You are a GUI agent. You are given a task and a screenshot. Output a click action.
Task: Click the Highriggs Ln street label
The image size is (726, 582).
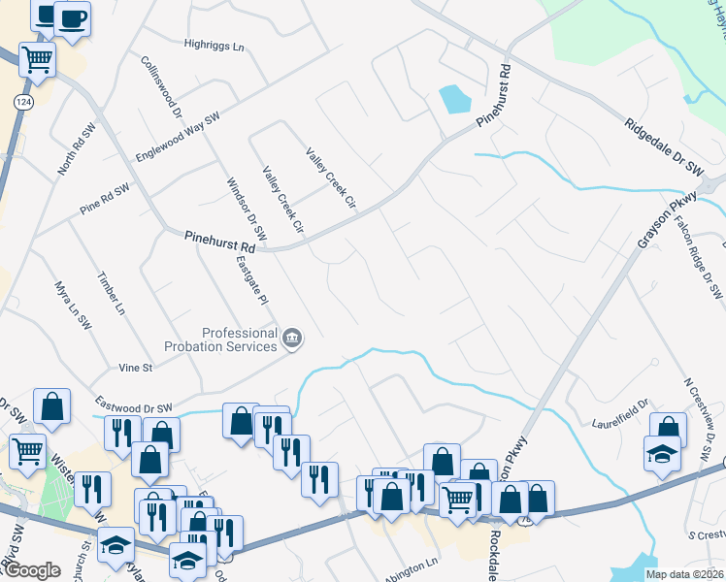click(x=214, y=44)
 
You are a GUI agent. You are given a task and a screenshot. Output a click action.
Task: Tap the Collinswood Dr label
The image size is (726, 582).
click(x=162, y=86)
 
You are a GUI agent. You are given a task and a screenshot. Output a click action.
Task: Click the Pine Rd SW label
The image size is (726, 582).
click(x=104, y=195)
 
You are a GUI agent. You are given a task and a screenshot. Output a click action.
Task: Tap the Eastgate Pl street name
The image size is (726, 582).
click(x=250, y=282)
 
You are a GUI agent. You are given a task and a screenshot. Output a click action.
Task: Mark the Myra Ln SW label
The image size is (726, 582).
click(x=73, y=307)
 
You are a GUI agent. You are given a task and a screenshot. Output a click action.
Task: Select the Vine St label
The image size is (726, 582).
click(x=136, y=369)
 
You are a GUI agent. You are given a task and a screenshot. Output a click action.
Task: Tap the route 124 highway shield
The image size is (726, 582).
click(x=21, y=102)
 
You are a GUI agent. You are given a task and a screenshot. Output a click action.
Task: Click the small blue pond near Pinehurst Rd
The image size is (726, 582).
click(x=452, y=99)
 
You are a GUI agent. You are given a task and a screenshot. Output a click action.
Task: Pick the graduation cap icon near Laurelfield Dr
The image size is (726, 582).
click(x=661, y=452)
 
